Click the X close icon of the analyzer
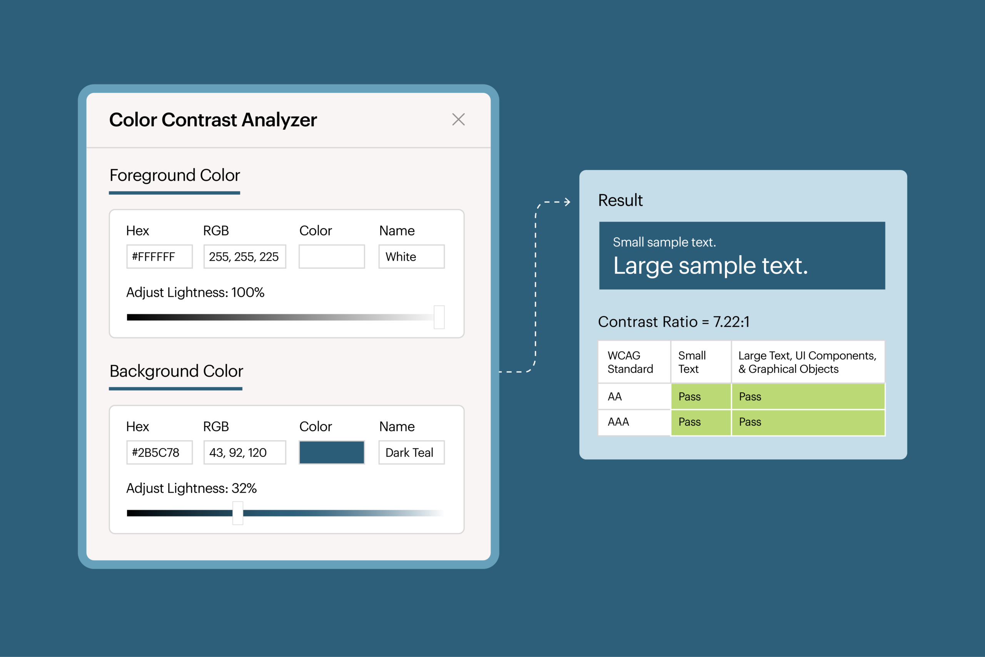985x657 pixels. [x=458, y=119]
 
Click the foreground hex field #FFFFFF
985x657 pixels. [x=159, y=256]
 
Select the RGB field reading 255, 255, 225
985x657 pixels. [x=245, y=256]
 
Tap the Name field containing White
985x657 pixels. [x=411, y=256]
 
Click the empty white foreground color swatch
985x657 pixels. [x=331, y=256]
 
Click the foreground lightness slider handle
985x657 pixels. [x=439, y=317]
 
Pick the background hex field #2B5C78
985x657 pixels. [x=159, y=453]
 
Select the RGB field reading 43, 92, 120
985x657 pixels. [x=245, y=453]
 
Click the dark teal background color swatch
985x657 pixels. [x=331, y=453]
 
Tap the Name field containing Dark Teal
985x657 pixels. [x=411, y=453]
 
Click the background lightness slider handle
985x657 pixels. [x=238, y=513]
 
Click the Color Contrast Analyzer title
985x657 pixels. [x=213, y=120]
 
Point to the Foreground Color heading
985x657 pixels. [x=175, y=175]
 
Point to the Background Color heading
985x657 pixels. [x=176, y=371]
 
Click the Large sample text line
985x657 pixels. [x=710, y=266]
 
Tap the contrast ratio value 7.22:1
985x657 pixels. [x=731, y=322]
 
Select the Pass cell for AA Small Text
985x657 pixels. [x=701, y=396]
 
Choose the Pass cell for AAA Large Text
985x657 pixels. [x=808, y=422]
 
